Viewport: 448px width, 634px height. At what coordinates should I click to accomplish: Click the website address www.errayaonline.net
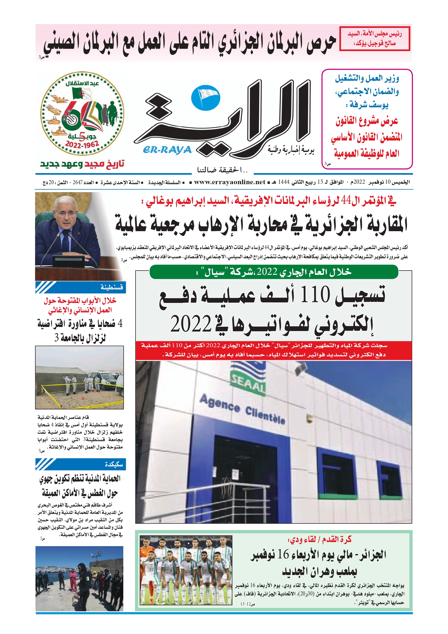229,182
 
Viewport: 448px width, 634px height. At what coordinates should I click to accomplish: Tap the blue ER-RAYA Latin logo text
167,150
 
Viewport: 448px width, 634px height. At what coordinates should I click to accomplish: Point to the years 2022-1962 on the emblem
82,144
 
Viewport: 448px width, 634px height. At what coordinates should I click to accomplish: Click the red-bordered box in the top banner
374,39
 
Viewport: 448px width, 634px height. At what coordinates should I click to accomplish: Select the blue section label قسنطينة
112,287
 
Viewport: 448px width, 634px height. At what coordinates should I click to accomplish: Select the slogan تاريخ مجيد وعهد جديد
82,164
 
